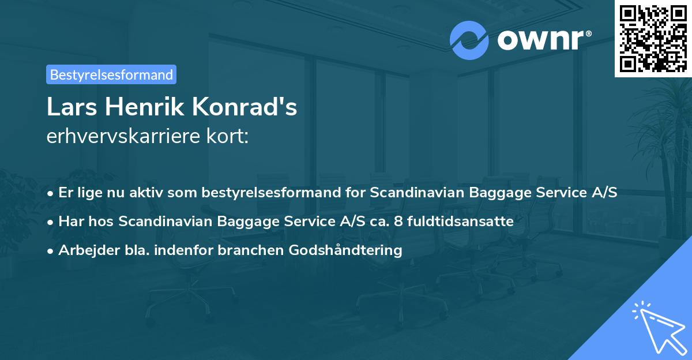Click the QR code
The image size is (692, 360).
[653, 38]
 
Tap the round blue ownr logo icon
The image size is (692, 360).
[469, 40]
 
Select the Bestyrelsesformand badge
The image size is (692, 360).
[111, 74]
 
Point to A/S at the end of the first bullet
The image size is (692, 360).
[605, 192]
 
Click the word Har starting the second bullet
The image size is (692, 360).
[70, 221]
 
